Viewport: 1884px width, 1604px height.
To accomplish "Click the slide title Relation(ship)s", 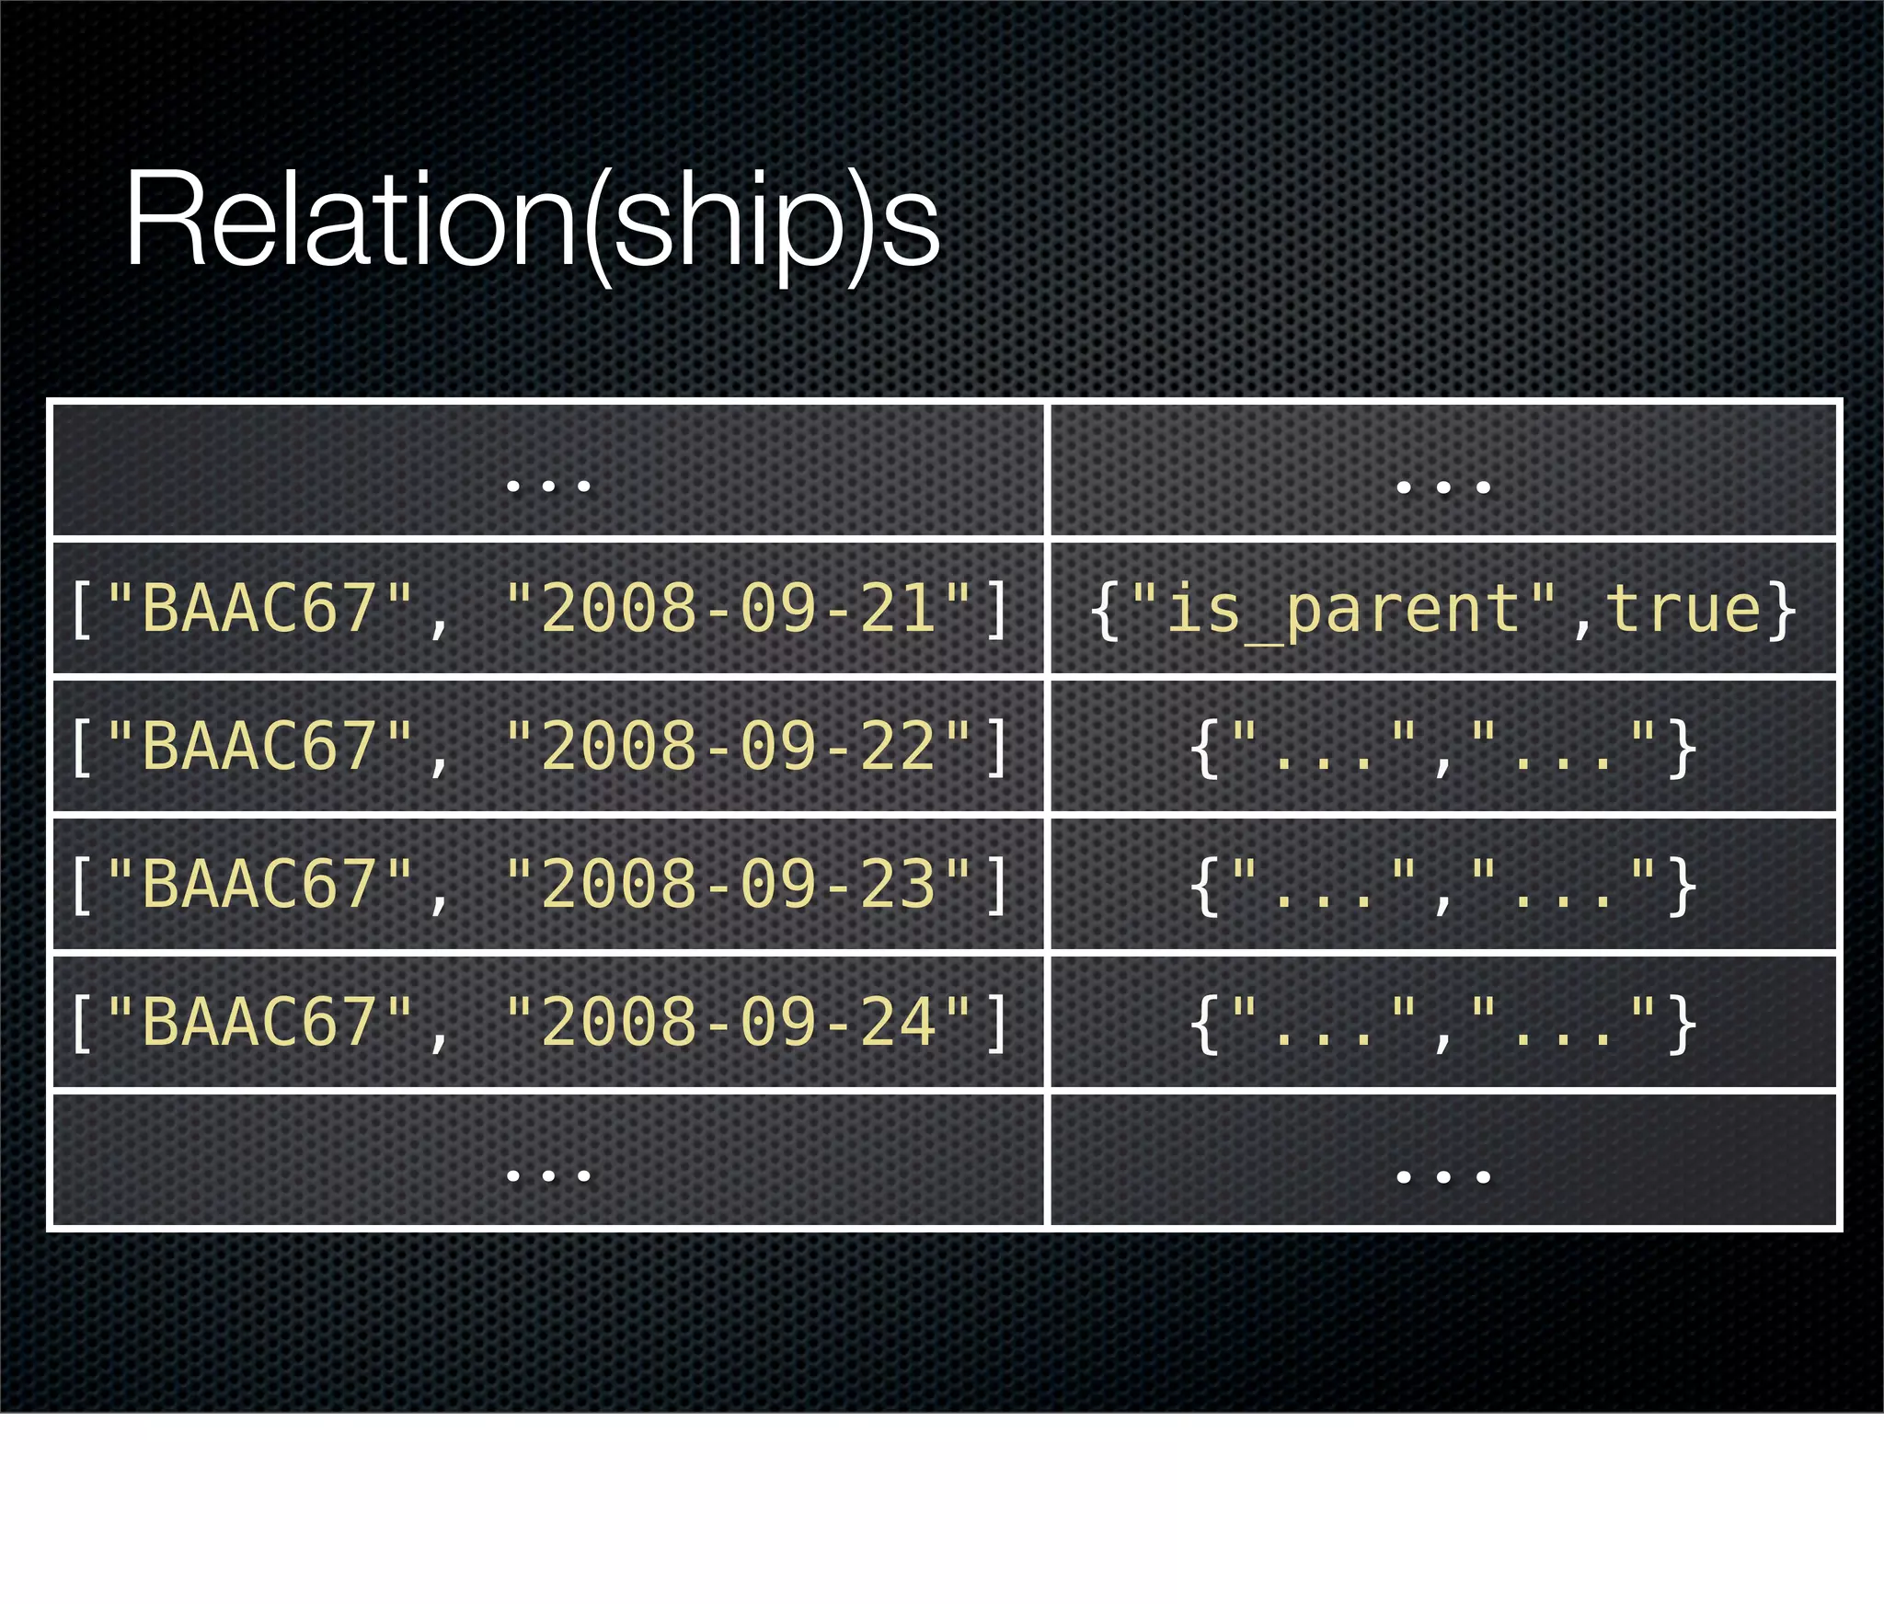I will (x=532, y=221).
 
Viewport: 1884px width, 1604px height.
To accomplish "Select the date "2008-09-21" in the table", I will (x=739, y=609).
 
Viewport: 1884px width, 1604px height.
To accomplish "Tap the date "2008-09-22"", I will (x=739, y=747).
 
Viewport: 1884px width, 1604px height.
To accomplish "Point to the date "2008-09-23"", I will (x=739, y=885).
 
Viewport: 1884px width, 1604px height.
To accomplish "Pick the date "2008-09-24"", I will (x=739, y=1023).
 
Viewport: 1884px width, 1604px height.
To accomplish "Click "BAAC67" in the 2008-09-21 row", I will (x=259, y=609).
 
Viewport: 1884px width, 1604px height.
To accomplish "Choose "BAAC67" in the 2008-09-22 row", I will (x=259, y=747).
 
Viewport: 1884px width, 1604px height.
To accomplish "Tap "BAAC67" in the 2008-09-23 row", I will (x=259, y=885).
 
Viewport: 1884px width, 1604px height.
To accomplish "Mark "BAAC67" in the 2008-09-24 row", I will (x=259, y=1023).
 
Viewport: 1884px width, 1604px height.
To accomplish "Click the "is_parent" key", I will (x=1343, y=611).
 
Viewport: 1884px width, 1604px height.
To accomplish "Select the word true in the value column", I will (x=1683, y=609).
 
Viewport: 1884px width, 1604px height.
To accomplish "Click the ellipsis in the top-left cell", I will (x=548, y=485).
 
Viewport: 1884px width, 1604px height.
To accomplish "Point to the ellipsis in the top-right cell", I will (x=1442, y=487).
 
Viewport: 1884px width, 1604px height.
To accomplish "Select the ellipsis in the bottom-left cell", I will (x=548, y=1174).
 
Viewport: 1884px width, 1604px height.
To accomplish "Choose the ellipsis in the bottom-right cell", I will (x=1442, y=1176).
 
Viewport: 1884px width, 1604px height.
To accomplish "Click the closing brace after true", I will (x=1783, y=611).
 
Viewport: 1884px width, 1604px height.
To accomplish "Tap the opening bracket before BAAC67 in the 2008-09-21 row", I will (x=81, y=611).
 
